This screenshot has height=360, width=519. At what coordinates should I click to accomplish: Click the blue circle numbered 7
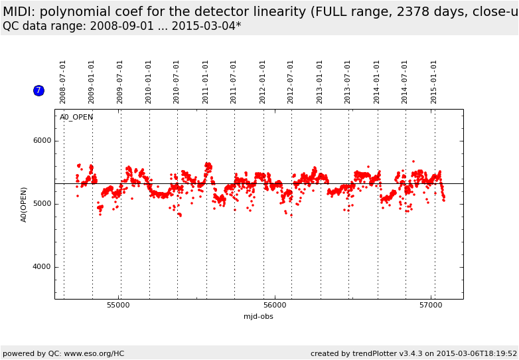38,90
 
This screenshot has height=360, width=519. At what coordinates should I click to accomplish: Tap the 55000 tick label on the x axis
119,306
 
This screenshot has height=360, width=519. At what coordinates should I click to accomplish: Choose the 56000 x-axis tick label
275,306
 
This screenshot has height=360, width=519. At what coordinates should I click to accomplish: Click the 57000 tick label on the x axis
431,306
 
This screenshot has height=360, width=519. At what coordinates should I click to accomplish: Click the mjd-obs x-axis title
258,317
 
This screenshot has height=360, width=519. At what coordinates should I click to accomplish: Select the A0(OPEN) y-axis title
24,204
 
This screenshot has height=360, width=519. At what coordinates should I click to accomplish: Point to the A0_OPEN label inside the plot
76,118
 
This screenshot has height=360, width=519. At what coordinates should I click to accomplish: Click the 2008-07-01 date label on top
63,82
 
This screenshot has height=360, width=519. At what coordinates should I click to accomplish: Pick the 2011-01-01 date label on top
206,82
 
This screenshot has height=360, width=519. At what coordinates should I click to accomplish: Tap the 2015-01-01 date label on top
434,82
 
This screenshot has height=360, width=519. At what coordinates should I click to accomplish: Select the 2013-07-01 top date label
348,82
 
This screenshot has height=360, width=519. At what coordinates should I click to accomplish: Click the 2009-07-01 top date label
120,82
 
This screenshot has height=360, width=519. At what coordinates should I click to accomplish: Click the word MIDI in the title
20,12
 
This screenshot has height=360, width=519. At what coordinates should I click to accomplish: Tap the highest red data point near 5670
413,161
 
